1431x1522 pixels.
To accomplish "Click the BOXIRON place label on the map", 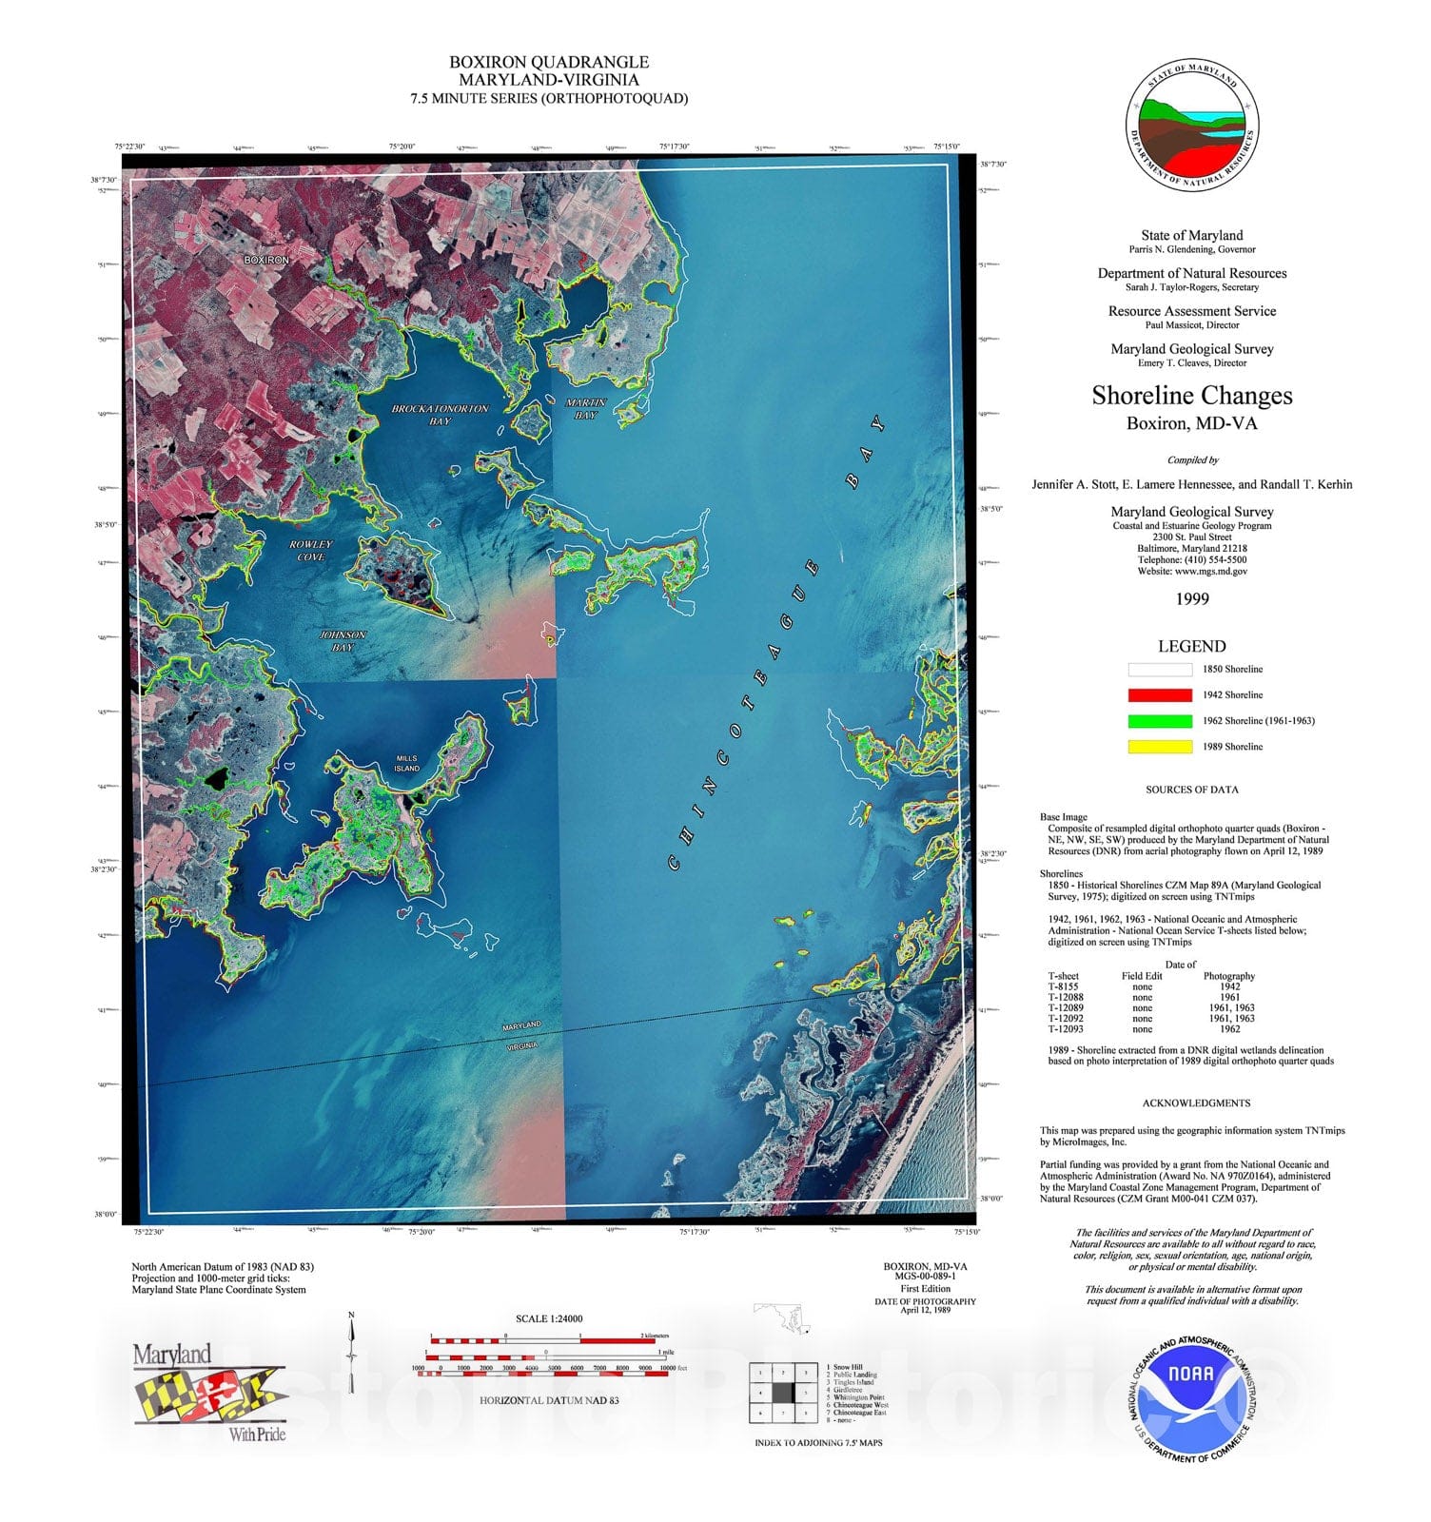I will tap(266, 260).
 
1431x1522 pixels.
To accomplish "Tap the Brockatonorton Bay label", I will tap(440, 414).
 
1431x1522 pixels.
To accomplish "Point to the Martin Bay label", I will tap(585, 409).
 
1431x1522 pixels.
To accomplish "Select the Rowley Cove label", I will tap(311, 551).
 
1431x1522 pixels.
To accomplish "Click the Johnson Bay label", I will tap(343, 641).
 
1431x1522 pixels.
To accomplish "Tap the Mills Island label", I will tap(406, 763).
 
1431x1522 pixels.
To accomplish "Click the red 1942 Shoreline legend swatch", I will tap(1160, 695).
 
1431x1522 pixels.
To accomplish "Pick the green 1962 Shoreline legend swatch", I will tap(1160, 721).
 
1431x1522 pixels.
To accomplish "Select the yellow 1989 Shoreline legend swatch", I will tap(1160, 747).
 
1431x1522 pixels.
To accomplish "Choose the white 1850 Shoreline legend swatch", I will tap(1160, 670).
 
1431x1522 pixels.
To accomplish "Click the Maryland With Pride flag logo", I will tap(209, 1394).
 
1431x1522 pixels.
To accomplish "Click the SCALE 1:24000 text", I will tap(549, 1318).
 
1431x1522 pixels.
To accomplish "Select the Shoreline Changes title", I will tap(1192, 395).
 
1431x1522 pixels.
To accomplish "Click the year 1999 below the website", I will tap(1192, 598).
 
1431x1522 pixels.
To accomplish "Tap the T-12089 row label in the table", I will tap(1066, 1007).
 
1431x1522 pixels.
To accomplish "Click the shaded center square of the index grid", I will tap(782, 1393).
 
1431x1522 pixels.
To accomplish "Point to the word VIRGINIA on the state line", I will tap(520, 1044).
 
